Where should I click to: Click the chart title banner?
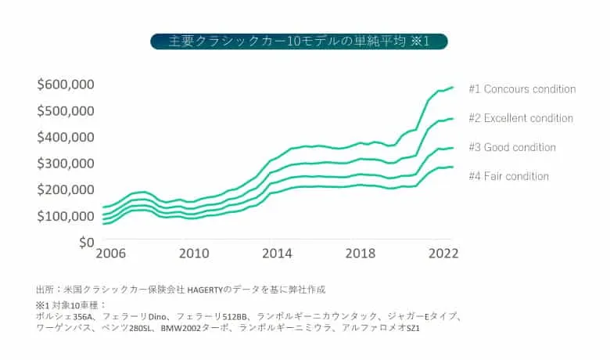pos(300,41)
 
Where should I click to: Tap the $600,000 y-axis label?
pos(66,84)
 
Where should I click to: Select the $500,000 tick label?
pos(66,110)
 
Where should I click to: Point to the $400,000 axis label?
pos(66,137)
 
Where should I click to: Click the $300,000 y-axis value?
pos(66,164)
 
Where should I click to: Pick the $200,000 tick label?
pos(66,190)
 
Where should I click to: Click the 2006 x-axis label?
pos(110,255)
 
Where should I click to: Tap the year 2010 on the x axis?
pos(193,255)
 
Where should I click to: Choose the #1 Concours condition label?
pos(522,89)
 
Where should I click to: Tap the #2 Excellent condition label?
pos(520,118)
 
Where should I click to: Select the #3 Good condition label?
pos(511,147)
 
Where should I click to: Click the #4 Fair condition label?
pos(508,176)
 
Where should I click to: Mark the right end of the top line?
pos(453,87)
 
